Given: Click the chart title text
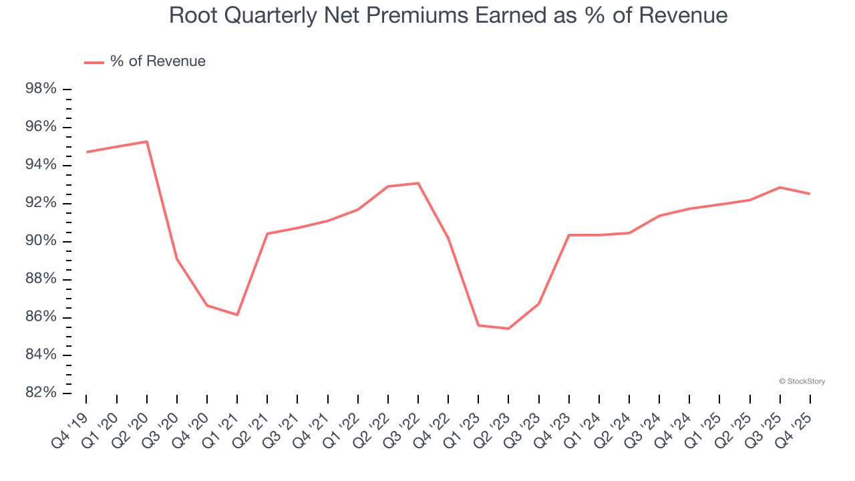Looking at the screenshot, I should [448, 15].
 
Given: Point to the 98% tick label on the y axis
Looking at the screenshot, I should [42, 90].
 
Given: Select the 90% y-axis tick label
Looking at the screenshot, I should [42, 241].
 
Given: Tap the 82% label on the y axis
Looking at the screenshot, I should [42, 393].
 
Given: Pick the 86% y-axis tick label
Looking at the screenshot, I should [42, 317].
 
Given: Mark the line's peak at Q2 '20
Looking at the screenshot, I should [146, 142].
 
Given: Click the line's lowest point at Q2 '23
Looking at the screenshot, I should [508, 329].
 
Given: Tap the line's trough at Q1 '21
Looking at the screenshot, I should [237, 315].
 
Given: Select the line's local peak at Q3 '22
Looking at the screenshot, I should [418, 183].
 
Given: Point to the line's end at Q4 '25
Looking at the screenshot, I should [810, 194].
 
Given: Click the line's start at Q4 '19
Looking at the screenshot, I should [86, 152].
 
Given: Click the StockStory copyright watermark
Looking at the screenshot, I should [802, 381].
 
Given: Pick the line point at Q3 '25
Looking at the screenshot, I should [780, 187].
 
